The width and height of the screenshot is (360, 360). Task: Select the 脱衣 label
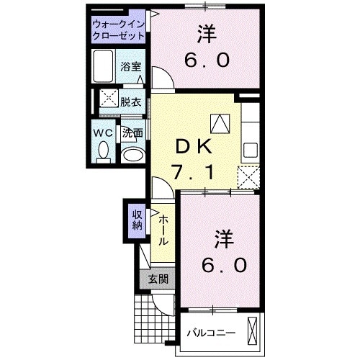(x=130, y=102)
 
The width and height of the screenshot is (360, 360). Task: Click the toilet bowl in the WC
(x=102, y=152)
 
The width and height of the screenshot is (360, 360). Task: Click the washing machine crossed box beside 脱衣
(x=109, y=102)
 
